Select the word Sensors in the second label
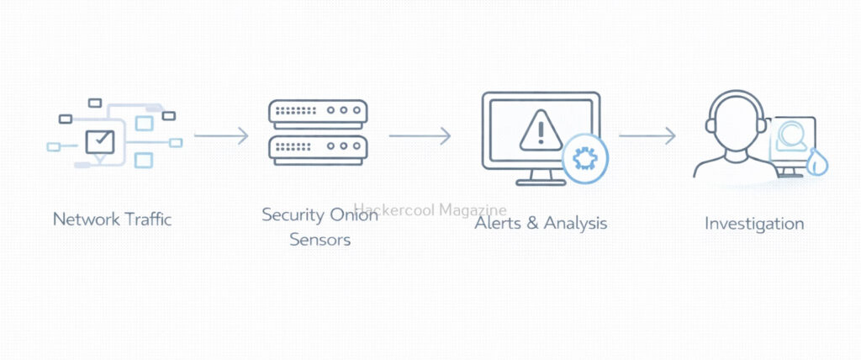point(320,241)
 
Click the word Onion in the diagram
point(352,215)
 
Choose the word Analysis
point(575,224)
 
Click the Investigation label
point(754,224)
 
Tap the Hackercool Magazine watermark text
point(430,209)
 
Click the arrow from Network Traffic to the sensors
point(221,135)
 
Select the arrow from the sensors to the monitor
point(420,135)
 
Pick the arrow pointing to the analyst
point(647,135)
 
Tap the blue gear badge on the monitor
point(584,157)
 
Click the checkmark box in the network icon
point(100,140)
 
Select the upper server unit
point(318,113)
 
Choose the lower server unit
point(318,150)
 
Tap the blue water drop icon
point(816,162)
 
